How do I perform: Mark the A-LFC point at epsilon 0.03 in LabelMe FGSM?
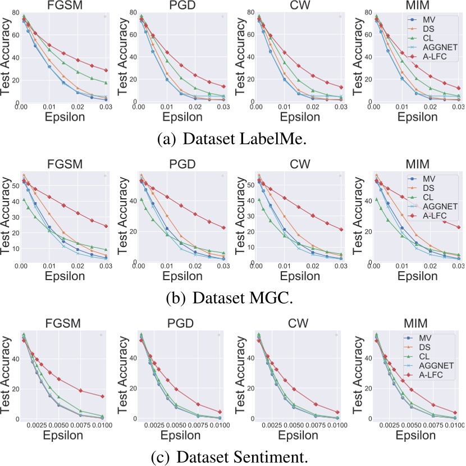(106, 70)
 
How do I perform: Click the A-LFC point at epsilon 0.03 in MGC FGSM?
(106, 226)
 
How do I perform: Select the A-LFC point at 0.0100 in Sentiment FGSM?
(102, 396)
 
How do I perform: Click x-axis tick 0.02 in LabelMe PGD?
(194, 107)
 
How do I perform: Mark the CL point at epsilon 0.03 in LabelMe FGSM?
(106, 83)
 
